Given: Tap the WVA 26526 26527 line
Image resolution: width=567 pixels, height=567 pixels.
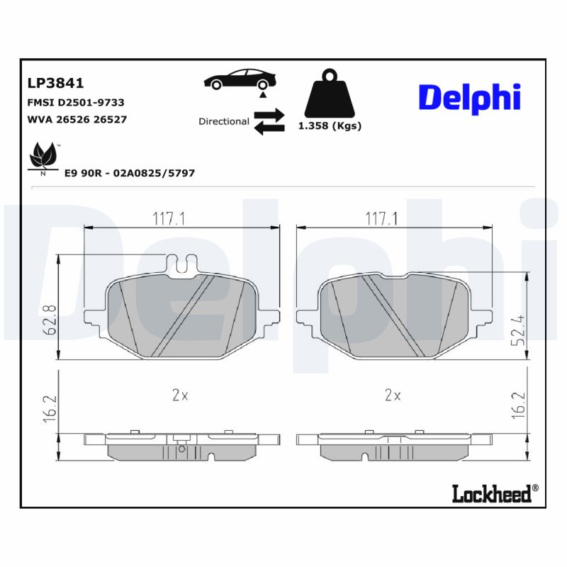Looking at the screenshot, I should [77, 120].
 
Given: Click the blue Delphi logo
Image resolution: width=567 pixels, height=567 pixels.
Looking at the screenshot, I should [469, 98].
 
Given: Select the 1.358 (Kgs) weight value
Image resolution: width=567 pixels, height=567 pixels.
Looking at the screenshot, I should [330, 126].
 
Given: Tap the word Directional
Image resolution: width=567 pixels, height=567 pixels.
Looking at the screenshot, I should [223, 121].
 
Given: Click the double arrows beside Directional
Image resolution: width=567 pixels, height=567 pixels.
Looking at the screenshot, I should [269, 121].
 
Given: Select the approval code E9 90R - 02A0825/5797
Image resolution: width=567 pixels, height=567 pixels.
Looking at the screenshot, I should [130, 173].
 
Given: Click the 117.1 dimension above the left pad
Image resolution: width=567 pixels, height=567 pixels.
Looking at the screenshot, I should [169, 219].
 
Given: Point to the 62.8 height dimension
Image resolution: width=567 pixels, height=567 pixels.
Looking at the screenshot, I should [49, 320].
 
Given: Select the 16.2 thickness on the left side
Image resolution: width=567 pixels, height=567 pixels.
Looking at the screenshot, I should [49, 409].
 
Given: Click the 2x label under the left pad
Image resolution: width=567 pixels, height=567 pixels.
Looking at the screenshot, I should [180, 395].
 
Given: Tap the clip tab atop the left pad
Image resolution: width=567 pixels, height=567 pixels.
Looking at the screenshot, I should [182, 263].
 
